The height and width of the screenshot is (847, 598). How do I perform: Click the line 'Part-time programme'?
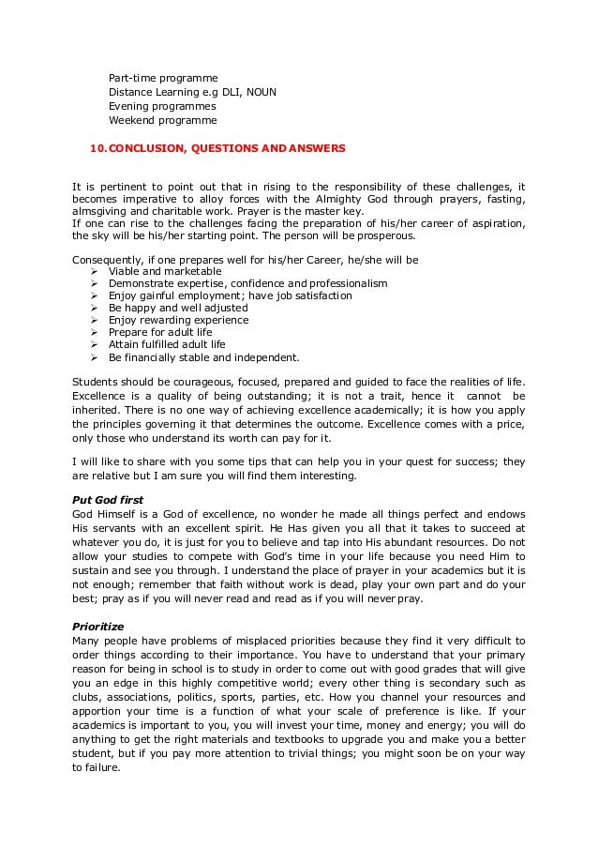point(163,76)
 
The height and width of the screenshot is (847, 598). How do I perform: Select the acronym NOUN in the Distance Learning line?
point(259,91)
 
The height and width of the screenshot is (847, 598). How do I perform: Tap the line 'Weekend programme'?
point(162,121)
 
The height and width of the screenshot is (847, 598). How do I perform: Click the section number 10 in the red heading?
point(97,148)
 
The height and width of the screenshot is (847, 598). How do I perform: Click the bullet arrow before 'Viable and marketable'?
point(95,271)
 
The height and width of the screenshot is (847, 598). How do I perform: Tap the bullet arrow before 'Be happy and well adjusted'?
point(95,308)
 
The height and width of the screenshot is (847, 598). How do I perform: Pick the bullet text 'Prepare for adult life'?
point(160,332)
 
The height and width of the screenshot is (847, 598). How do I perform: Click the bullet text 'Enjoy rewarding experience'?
point(178,320)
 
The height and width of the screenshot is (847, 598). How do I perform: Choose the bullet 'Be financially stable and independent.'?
point(204,356)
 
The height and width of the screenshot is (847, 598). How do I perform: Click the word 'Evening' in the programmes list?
point(128,106)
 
